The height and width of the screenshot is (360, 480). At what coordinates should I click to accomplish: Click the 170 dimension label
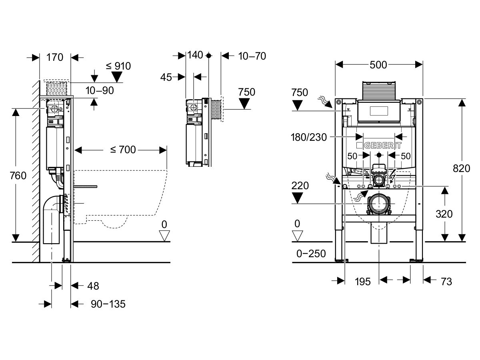click(x=55, y=57)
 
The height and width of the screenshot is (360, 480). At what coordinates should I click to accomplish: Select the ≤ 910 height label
click(x=118, y=66)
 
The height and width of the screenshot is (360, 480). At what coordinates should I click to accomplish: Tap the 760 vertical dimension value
click(x=19, y=176)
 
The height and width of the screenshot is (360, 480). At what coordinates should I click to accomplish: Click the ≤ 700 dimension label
click(x=123, y=150)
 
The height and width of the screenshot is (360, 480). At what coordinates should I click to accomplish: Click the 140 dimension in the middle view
click(x=195, y=55)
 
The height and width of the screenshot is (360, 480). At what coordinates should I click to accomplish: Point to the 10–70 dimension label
click(x=252, y=56)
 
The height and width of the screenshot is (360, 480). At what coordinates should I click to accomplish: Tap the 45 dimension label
click(x=166, y=76)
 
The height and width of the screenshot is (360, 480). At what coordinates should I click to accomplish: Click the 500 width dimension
click(x=378, y=64)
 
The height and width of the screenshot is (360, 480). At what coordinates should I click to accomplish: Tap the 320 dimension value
click(x=444, y=214)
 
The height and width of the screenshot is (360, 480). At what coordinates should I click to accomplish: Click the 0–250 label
click(x=310, y=254)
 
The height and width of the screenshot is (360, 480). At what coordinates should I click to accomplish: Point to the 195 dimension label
click(x=362, y=281)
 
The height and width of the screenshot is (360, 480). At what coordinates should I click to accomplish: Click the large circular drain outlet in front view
click(x=378, y=203)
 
